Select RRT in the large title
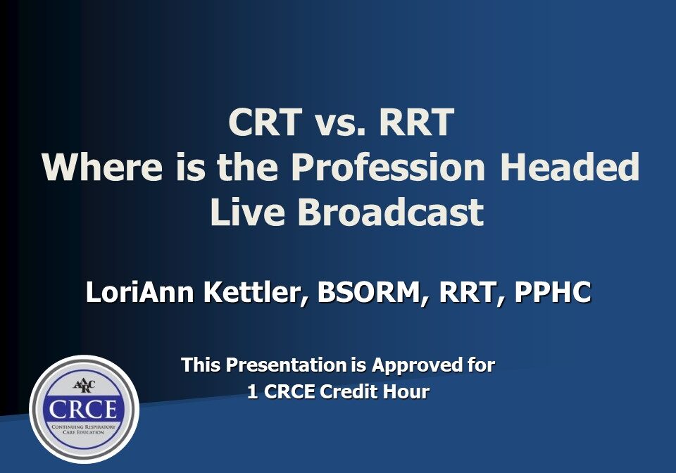point(414,124)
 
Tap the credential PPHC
point(552,292)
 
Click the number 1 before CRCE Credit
point(252,392)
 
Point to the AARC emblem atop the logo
point(84,386)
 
